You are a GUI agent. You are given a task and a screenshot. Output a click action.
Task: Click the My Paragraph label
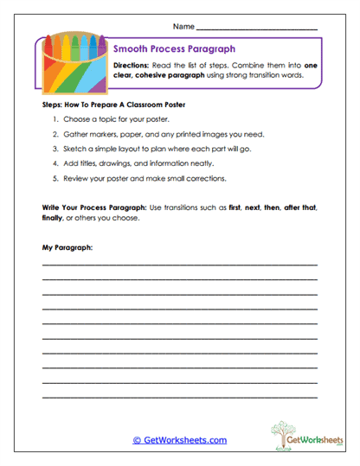(x=67, y=248)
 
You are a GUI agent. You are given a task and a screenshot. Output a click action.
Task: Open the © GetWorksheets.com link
(x=179, y=440)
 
